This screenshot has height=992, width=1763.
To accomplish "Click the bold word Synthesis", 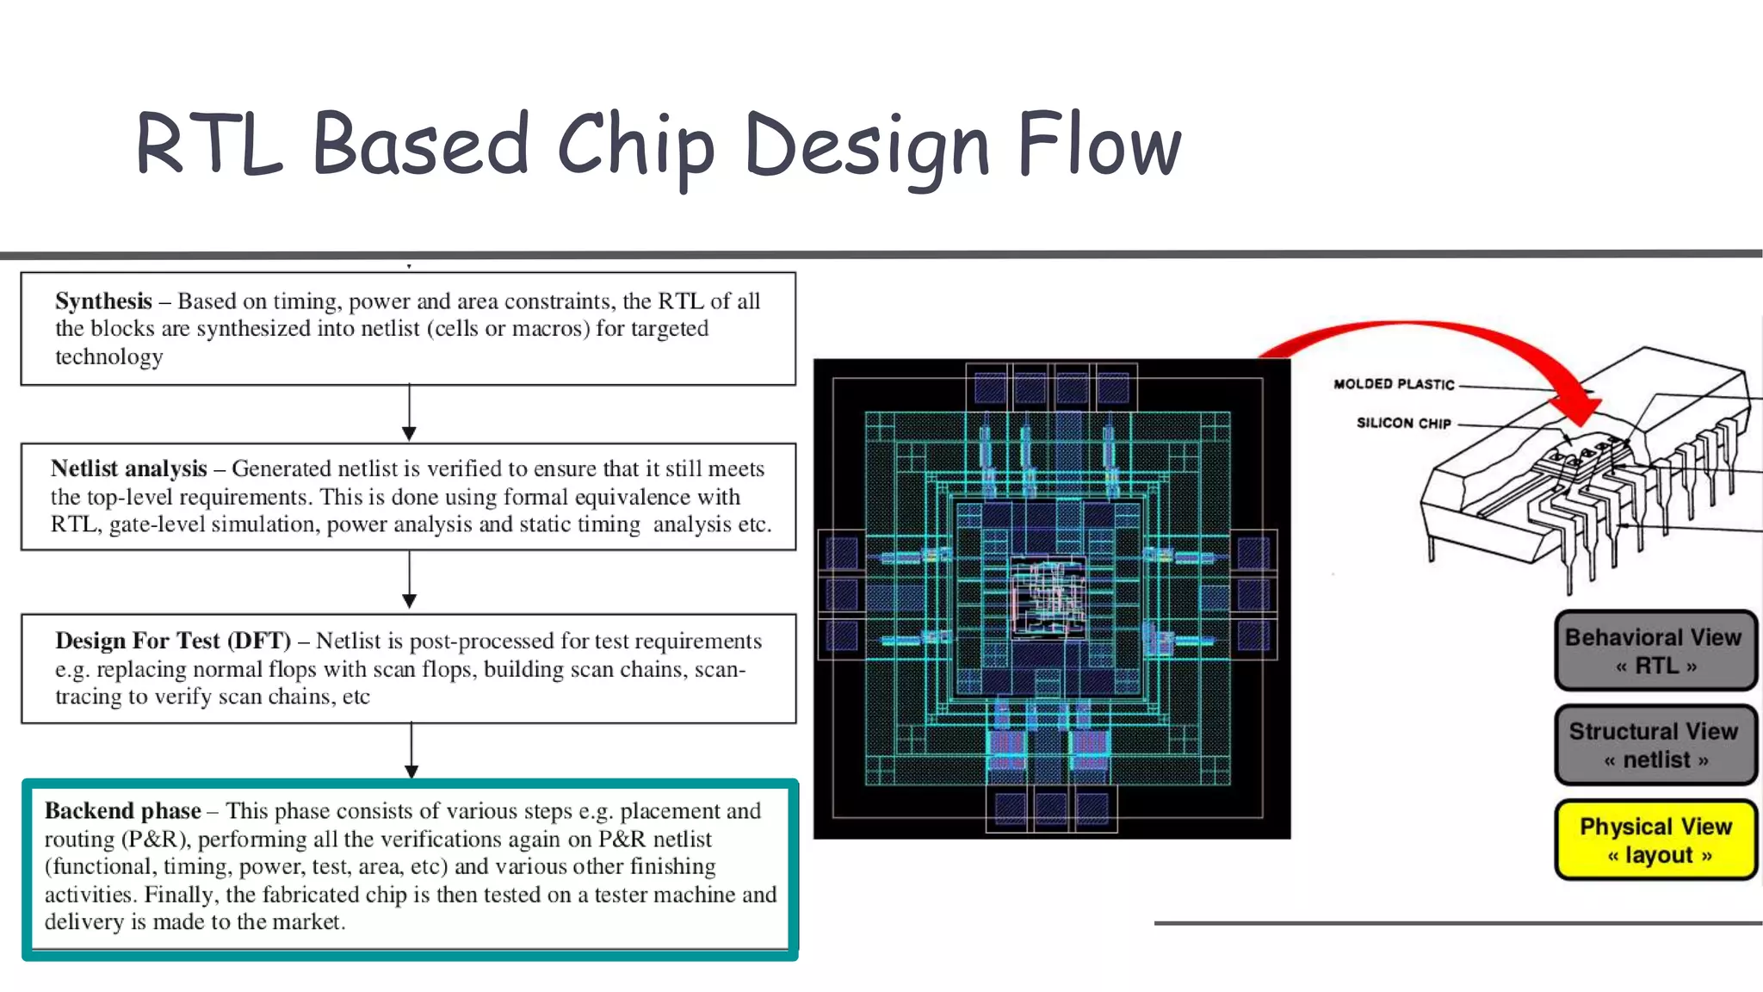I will pyautogui.click(x=103, y=301).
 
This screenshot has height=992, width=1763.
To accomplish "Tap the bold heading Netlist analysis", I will pyautogui.click(x=128, y=468).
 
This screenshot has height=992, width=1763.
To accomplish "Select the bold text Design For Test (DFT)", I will pyautogui.click(x=172, y=641).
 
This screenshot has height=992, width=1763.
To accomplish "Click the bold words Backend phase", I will pyautogui.click(x=122, y=811).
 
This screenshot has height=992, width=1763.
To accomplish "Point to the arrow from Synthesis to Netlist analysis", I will pyautogui.click(x=409, y=414).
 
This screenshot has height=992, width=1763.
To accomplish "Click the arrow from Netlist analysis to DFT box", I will pyautogui.click(x=409, y=582).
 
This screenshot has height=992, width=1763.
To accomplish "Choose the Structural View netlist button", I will pyautogui.click(x=1655, y=745).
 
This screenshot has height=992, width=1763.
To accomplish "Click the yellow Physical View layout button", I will pyautogui.click(x=1655, y=840).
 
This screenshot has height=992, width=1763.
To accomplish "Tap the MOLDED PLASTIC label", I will pyautogui.click(x=1394, y=384).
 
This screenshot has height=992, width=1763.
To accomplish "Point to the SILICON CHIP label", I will pyautogui.click(x=1403, y=423).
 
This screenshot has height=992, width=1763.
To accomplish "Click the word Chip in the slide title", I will pyautogui.click(x=635, y=146).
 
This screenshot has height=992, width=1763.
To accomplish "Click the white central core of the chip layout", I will pyautogui.click(x=1048, y=597).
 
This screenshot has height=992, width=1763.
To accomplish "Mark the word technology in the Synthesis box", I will pyautogui.click(x=109, y=357).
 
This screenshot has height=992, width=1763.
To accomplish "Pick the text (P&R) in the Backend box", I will pyautogui.click(x=154, y=840).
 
